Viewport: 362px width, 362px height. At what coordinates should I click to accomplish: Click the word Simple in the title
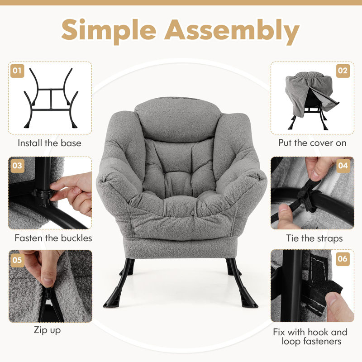click(x=110, y=30)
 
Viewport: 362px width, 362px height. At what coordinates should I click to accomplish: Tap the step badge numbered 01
click(x=18, y=71)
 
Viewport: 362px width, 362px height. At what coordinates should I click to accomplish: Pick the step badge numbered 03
click(x=18, y=165)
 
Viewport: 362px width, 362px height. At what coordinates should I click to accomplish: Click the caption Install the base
click(x=50, y=143)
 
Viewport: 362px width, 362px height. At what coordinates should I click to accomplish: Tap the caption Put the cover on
click(x=313, y=143)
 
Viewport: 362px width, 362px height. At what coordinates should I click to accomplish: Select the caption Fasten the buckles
click(x=53, y=238)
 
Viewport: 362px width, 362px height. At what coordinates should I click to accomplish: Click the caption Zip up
click(x=47, y=330)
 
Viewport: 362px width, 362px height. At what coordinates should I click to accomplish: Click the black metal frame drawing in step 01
click(x=50, y=97)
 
